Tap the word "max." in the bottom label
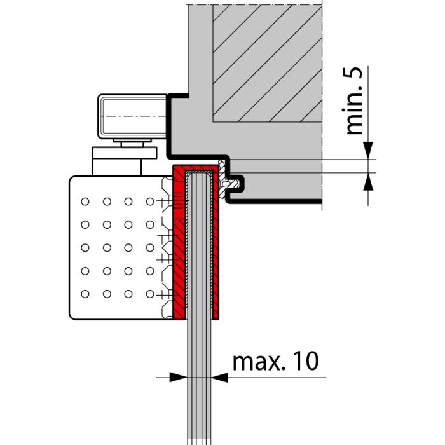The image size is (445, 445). coord(254,362)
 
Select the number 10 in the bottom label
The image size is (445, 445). coord(298,362)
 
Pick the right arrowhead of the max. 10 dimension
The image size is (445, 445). coord(220,377)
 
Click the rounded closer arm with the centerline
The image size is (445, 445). coord(132,118)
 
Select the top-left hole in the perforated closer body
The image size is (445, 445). coord(85,202)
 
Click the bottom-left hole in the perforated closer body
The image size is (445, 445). coord(85,294)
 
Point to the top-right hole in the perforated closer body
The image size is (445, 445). coord(150,202)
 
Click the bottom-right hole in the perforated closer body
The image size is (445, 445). coord(150,294)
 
